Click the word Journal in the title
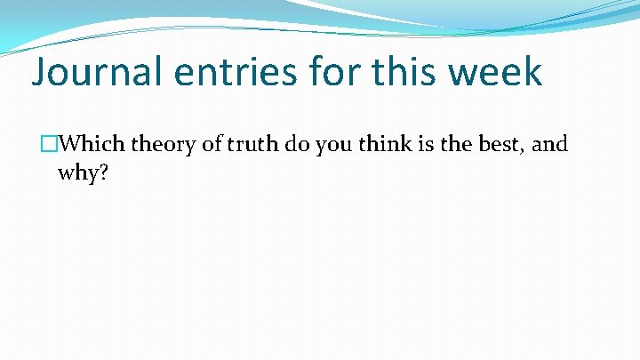(x=96, y=72)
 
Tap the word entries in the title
(x=237, y=72)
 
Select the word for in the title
(x=337, y=72)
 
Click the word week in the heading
(x=497, y=72)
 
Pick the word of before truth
(x=212, y=144)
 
